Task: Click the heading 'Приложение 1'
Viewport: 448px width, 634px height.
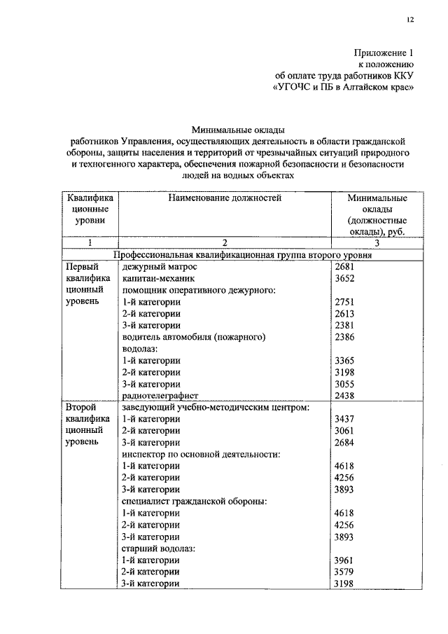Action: click(383, 53)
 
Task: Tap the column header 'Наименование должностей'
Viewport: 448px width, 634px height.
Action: click(225, 198)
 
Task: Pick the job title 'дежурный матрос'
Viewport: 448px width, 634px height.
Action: click(160, 267)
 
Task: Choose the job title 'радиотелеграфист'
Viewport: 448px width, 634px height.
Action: click(160, 395)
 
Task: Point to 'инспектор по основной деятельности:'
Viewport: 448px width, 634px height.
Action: click(201, 454)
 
